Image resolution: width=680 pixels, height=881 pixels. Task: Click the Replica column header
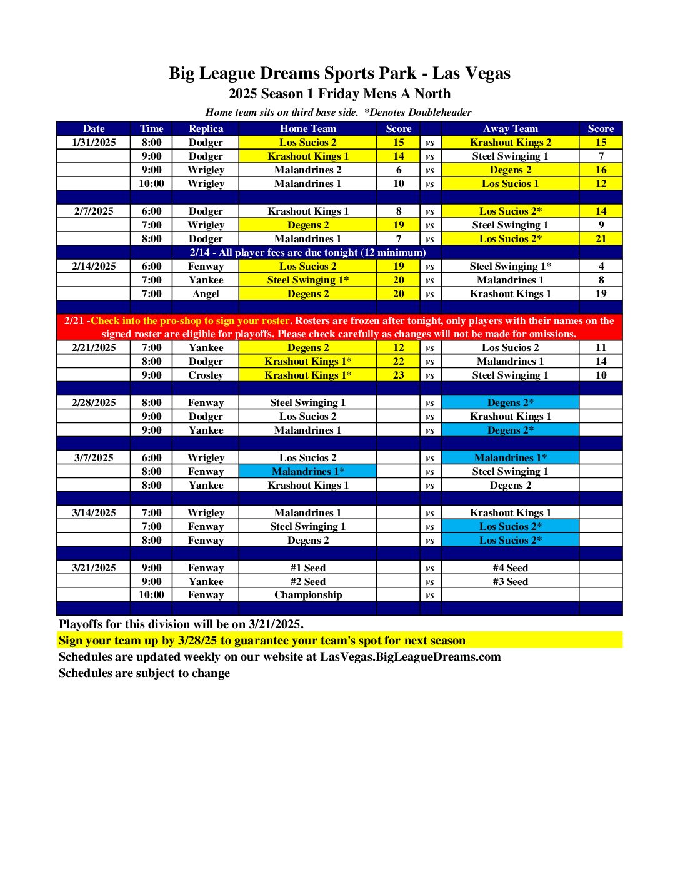(x=206, y=128)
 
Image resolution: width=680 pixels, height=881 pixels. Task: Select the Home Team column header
(x=307, y=128)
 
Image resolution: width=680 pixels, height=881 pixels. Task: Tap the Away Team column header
(x=510, y=128)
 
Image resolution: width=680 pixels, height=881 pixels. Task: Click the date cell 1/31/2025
(x=94, y=142)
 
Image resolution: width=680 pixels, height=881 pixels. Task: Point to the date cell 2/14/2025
(x=94, y=266)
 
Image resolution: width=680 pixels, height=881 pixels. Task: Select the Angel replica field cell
(x=206, y=293)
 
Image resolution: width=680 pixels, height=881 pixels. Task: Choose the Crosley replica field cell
(x=206, y=375)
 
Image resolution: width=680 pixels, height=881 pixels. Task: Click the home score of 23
(x=399, y=375)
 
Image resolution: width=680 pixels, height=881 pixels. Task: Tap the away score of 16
(x=601, y=170)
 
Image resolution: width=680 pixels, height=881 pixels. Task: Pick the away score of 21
(x=601, y=238)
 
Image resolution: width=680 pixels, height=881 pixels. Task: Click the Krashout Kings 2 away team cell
(x=510, y=142)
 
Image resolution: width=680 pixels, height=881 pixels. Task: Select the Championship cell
(x=307, y=594)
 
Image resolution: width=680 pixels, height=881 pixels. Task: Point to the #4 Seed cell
(x=510, y=568)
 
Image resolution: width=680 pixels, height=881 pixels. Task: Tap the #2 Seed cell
(x=307, y=581)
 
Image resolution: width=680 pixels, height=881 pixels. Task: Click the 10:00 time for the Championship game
(x=151, y=594)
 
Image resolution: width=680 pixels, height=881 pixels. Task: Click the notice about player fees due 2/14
(x=307, y=252)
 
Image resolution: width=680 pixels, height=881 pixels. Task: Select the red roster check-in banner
(x=339, y=327)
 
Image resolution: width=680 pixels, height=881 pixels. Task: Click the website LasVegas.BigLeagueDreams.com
(x=410, y=656)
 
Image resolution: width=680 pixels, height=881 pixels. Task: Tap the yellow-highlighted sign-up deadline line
(x=262, y=640)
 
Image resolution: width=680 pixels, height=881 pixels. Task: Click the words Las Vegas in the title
(x=471, y=73)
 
